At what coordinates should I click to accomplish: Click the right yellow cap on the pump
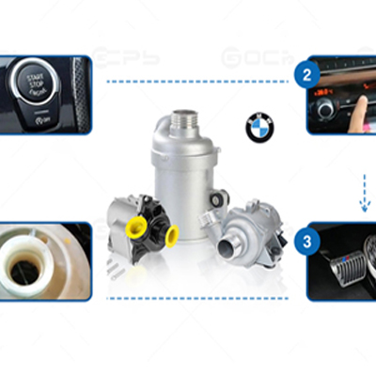pyautogui.click(x=172, y=236)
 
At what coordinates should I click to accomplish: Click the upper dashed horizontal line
pyautogui.click(x=198, y=82)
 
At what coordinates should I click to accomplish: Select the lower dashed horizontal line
pyautogui.click(x=198, y=298)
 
